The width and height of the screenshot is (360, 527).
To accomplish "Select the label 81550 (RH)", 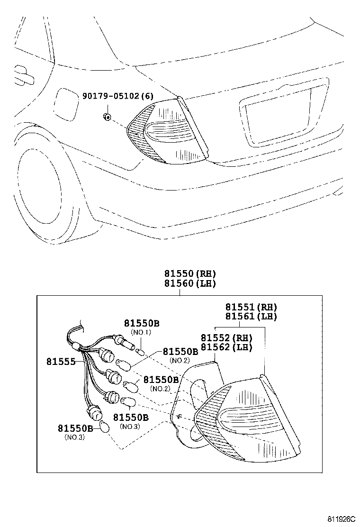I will [x=190, y=273].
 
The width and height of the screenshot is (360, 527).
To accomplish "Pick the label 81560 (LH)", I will [x=190, y=283].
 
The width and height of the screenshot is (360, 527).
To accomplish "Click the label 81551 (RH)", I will [x=251, y=307].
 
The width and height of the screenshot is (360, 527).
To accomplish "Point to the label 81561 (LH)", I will [x=251, y=316].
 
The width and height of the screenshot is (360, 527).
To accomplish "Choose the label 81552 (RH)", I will [x=226, y=338].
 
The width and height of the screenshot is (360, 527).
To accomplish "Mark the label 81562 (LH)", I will [x=226, y=347].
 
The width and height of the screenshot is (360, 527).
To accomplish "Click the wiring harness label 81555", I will [x=61, y=362].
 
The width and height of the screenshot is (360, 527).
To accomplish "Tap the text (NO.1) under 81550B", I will [x=141, y=332].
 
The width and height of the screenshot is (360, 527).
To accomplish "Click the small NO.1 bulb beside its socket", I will [x=140, y=352].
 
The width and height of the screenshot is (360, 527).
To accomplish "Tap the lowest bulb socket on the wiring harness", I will [x=97, y=415].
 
